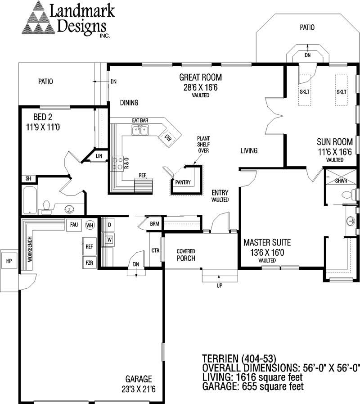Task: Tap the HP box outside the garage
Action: (x=9, y=261)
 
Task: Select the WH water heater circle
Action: (x=90, y=225)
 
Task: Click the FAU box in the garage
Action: (x=73, y=224)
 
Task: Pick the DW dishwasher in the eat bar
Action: (x=167, y=137)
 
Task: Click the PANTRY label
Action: (x=183, y=182)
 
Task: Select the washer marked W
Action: (x=109, y=239)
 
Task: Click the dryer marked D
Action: (x=109, y=224)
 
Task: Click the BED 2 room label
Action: (x=43, y=123)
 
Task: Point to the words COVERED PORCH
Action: (x=185, y=255)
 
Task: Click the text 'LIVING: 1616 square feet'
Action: (x=252, y=377)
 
